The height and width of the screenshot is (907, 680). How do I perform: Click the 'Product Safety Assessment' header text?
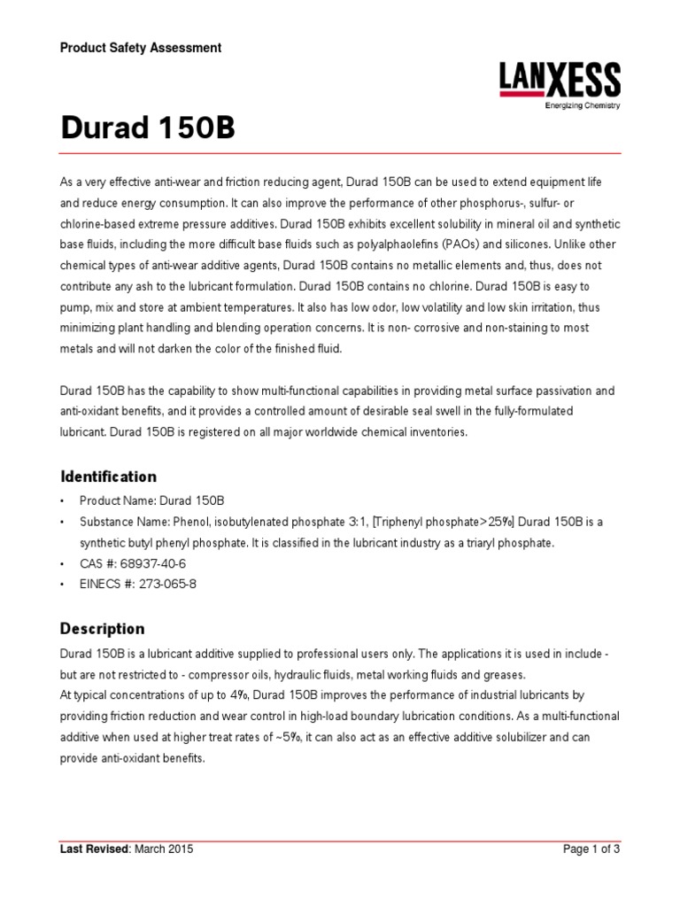(141, 48)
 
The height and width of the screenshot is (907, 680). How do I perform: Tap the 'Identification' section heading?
(108, 477)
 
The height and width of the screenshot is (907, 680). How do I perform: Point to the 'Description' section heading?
(102, 629)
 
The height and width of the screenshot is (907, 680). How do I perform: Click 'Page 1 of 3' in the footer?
(591, 849)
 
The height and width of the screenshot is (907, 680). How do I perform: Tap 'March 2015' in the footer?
(164, 849)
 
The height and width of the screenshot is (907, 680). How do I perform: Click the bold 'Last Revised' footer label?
(95, 849)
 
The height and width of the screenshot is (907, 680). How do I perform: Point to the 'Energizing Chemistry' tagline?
(581, 105)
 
